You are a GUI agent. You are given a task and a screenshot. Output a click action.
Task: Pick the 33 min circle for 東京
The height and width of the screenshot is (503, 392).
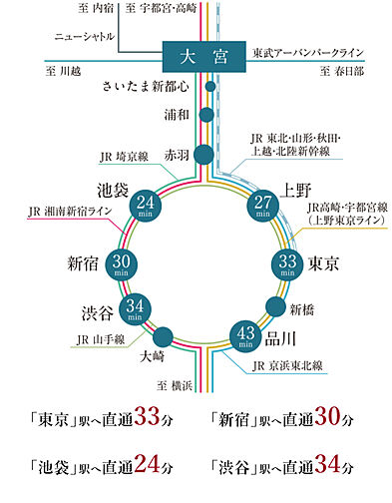click(x=288, y=263)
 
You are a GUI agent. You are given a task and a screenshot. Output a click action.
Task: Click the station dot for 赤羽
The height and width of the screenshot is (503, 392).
click(x=203, y=155)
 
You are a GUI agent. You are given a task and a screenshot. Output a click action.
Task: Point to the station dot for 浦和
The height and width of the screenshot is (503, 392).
click(x=206, y=115)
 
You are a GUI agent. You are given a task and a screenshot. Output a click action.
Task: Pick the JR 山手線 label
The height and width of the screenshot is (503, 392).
click(x=98, y=339)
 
